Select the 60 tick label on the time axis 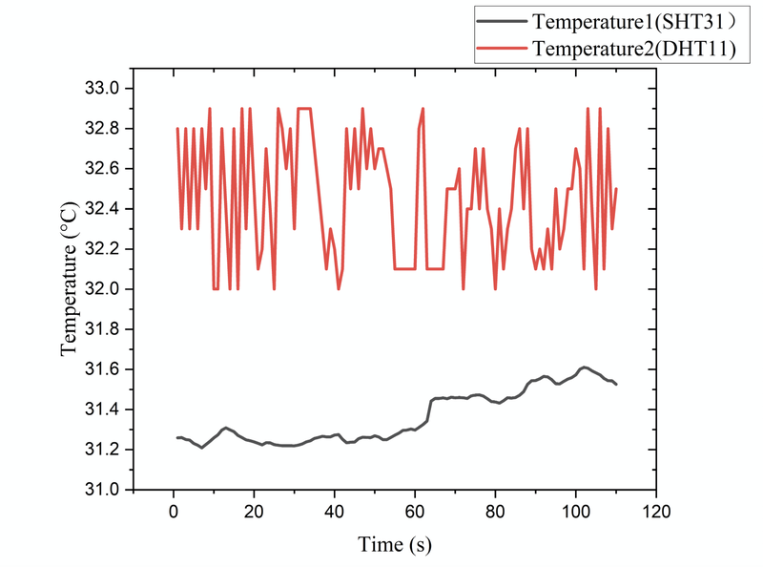click(415, 511)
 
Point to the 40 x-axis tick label click(334, 511)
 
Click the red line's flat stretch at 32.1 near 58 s click(404, 269)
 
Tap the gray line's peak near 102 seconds click(584, 367)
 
